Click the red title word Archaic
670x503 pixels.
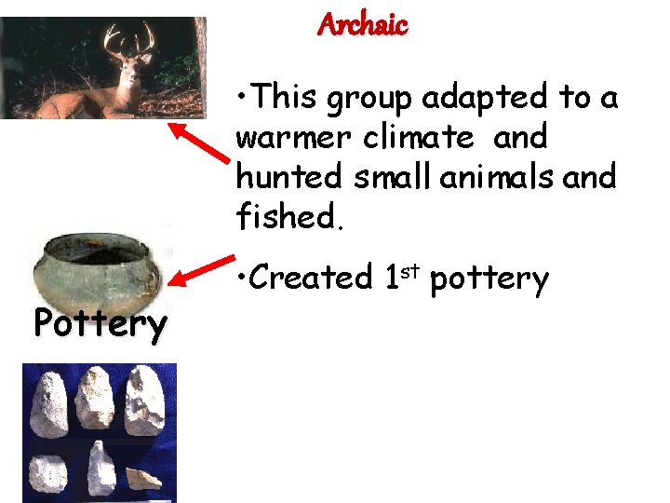point(362,24)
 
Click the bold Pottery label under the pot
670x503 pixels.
point(100,323)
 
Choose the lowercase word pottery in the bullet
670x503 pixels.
point(489,278)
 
